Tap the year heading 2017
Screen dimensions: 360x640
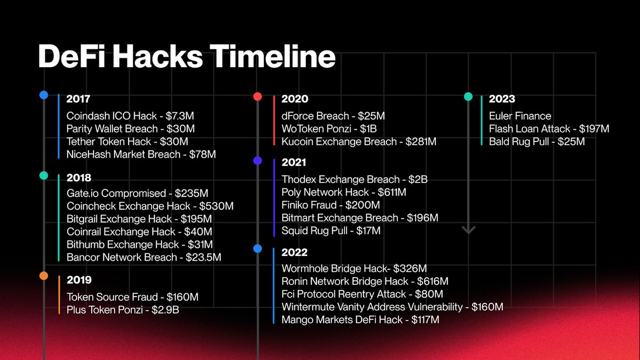(78, 99)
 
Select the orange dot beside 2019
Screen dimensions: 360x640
(44, 276)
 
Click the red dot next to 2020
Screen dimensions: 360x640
(258, 97)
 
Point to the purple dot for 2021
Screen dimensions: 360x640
(258, 160)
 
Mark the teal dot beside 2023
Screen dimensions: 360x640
(468, 97)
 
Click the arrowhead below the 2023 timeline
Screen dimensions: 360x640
(468, 230)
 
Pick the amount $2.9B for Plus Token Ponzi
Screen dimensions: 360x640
(169, 310)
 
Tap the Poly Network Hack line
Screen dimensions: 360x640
(343, 193)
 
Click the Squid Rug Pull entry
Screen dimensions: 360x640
(331, 231)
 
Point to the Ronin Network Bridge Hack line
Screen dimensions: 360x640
(365, 281)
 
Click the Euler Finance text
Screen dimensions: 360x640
(520, 116)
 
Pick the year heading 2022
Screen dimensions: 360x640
(294, 253)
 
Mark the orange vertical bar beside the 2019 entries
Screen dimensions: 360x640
(59, 294)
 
